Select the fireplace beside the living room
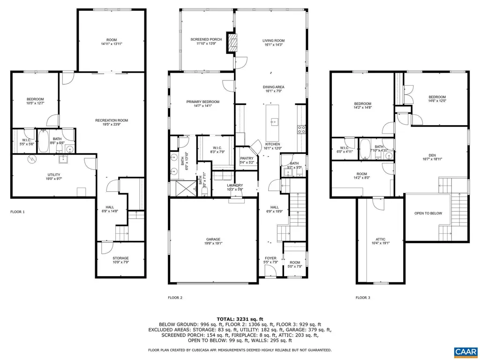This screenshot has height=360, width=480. point(232,43)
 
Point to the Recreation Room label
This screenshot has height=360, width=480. point(112,120)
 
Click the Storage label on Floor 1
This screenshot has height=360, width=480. point(120,258)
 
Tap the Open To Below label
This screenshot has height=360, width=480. point(428,213)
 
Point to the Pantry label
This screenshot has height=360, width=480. point(246,158)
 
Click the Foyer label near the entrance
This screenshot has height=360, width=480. point(271,258)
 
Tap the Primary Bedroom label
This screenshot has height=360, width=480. point(202,102)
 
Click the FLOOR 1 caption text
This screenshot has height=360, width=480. point(17,212)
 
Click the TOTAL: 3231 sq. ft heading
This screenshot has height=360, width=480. point(240,319)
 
